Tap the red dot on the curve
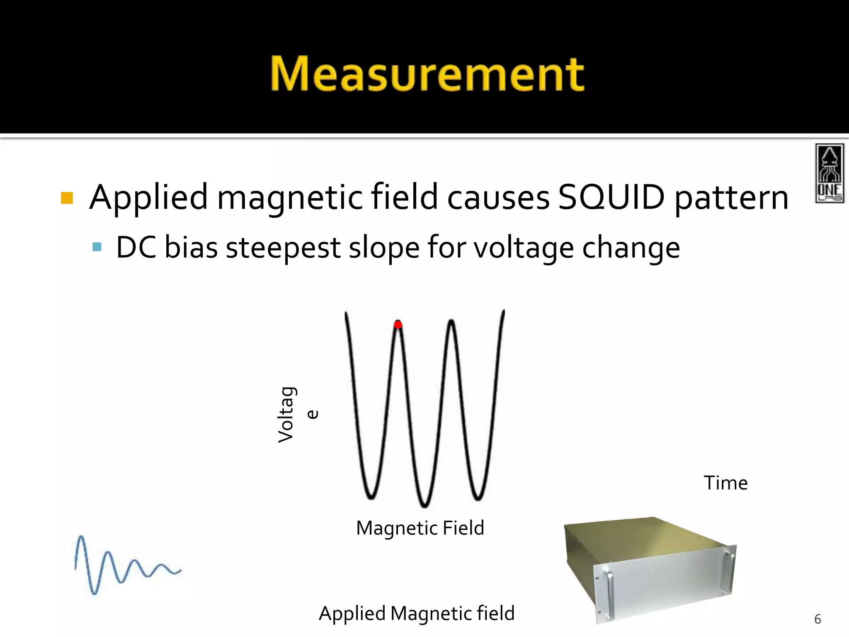click(398, 325)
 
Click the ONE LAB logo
click(829, 173)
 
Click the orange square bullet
click(67, 198)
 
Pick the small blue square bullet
click(97, 247)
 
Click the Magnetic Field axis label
click(420, 528)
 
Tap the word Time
click(725, 483)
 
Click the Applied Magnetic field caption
click(417, 613)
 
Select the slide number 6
click(817, 619)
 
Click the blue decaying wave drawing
click(124, 564)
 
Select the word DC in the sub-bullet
click(136, 248)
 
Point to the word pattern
click(732, 198)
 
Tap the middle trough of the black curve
click(424, 504)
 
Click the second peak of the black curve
click(451, 321)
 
